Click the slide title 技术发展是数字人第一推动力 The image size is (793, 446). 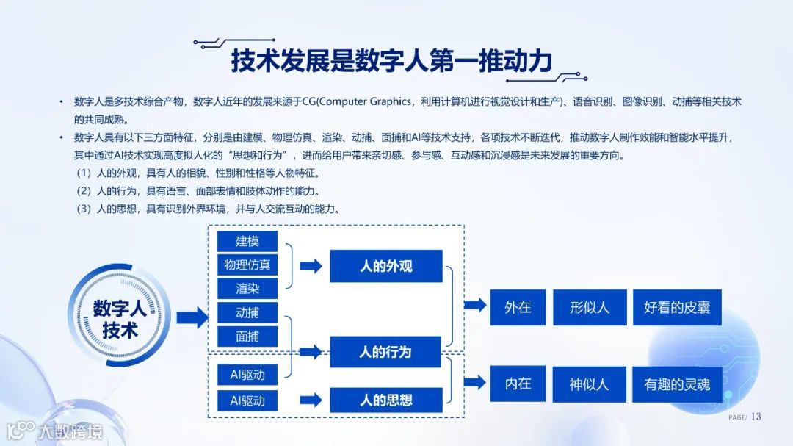click(x=391, y=61)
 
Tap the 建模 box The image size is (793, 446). click(x=247, y=241)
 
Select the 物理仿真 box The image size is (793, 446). click(x=247, y=265)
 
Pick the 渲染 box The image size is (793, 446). click(x=247, y=289)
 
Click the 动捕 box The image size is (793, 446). click(x=247, y=312)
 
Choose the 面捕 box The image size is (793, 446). click(x=247, y=337)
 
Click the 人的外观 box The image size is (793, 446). click(x=385, y=266)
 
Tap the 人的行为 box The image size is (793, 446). click(x=385, y=352)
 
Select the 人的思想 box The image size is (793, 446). click(x=385, y=400)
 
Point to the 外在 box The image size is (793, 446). click(x=518, y=307)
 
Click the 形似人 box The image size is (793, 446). click(x=590, y=307)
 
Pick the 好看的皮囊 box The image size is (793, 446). click(x=677, y=307)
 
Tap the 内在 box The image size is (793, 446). click(x=518, y=384)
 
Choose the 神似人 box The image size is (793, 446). click(x=590, y=384)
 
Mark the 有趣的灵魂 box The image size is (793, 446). click(x=677, y=384)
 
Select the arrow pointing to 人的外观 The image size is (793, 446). click(x=311, y=266)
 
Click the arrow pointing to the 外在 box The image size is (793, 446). click(x=475, y=305)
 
